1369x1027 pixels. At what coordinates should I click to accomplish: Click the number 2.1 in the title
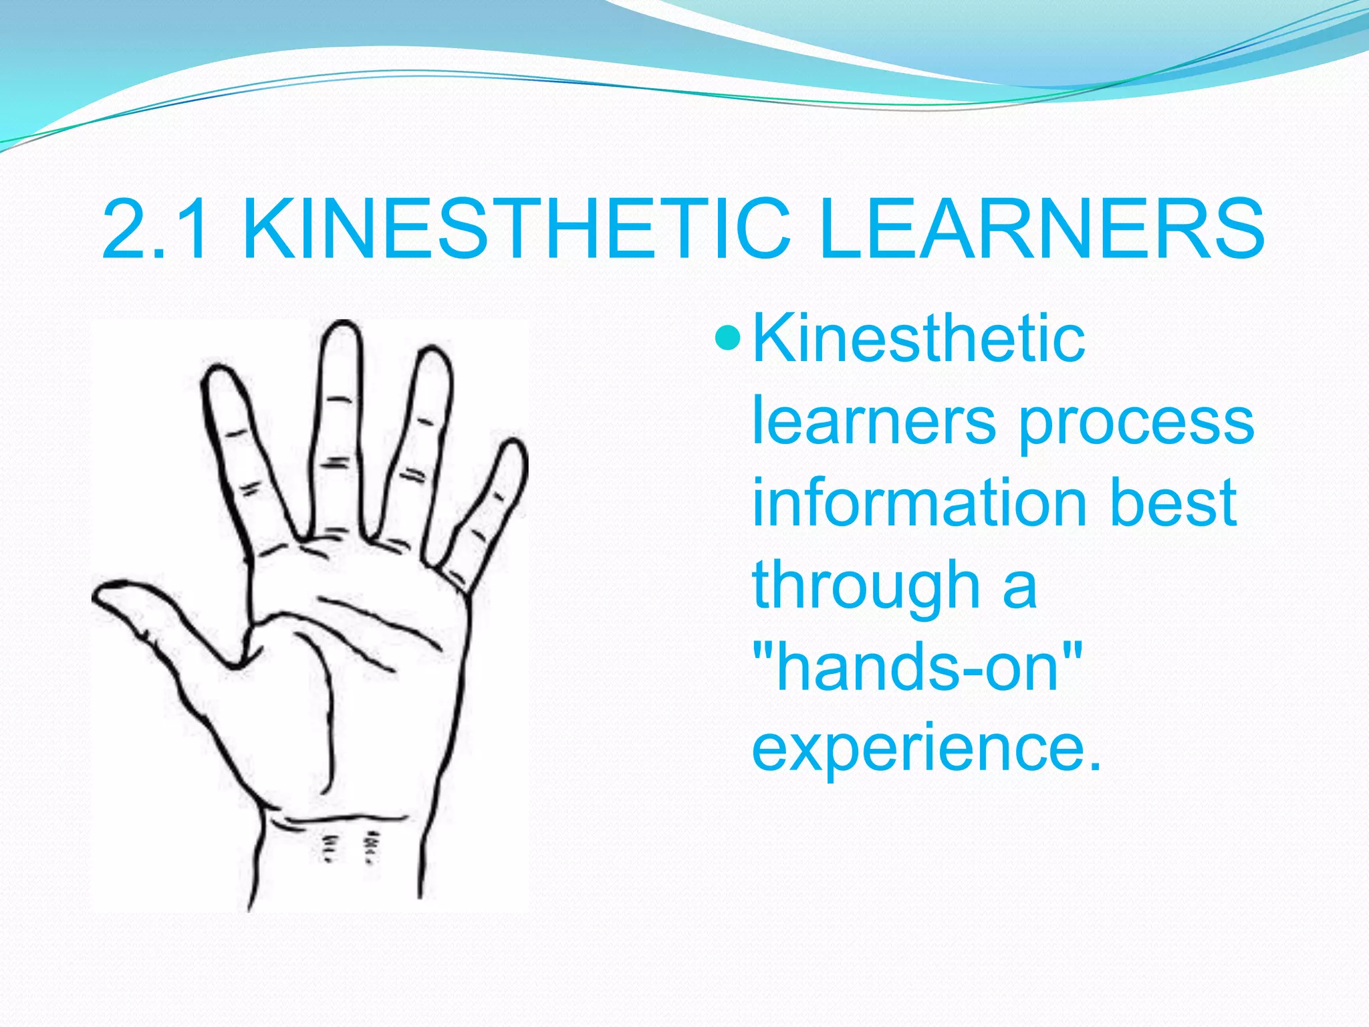[x=155, y=229]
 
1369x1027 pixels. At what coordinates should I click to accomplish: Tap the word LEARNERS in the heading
[x=1040, y=229]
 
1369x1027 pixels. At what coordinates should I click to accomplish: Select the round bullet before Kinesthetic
[x=727, y=338]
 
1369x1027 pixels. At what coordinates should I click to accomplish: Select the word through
[x=866, y=587]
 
